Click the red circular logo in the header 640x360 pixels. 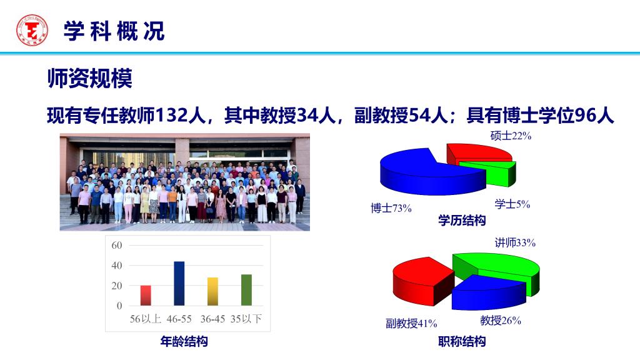point(32,30)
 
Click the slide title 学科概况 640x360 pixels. point(114,31)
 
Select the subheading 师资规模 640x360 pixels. point(90,78)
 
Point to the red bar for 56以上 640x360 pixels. point(146,296)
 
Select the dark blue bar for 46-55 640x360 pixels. point(179,283)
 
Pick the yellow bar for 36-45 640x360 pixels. point(212,291)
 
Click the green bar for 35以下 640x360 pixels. point(246,290)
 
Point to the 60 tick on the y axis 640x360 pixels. point(117,245)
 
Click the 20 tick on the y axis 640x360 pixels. point(117,286)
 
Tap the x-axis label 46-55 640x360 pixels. point(179,319)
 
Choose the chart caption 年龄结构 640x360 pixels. point(184,341)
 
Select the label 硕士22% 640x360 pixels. point(511,136)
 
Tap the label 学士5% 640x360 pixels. point(512,204)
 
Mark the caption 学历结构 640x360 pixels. point(462,221)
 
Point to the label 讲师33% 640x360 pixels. point(515,243)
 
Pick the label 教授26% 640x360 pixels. point(501,321)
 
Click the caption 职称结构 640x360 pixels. point(462,341)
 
